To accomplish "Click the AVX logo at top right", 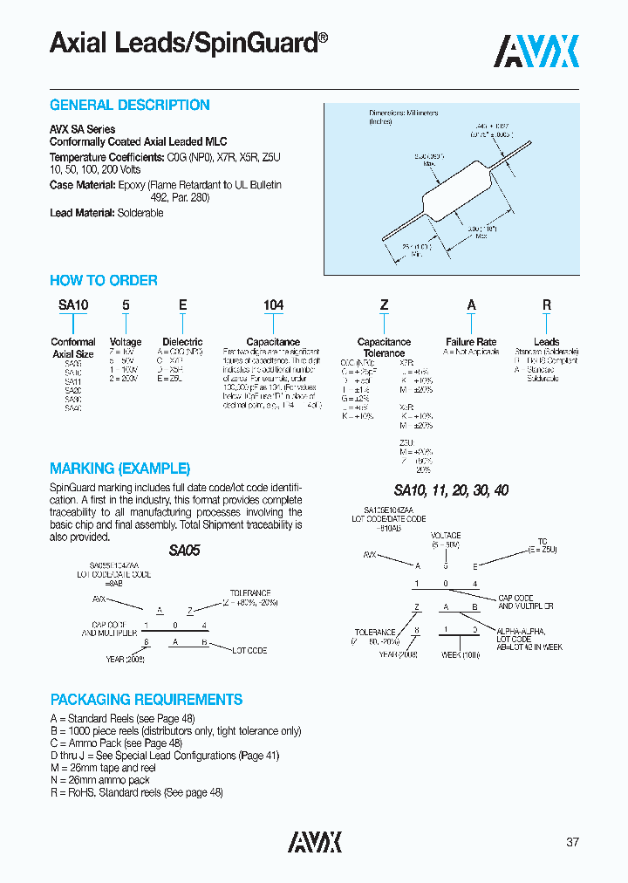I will tap(536, 51).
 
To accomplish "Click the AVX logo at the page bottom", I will tap(315, 841).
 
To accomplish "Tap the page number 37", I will tap(572, 842).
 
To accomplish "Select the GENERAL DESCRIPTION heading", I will tap(129, 106).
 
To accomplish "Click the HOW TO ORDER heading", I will tap(103, 281).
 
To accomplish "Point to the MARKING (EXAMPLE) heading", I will tap(119, 469).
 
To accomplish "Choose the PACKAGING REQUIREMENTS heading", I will tap(146, 700).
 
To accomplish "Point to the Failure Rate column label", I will tap(471, 342).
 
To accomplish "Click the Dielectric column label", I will tap(182, 342).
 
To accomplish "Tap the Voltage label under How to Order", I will tap(126, 342).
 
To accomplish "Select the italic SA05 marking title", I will tap(184, 551).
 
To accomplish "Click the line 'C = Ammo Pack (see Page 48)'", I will tap(116, 743).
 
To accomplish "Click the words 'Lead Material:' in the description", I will tap(82, 213).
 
